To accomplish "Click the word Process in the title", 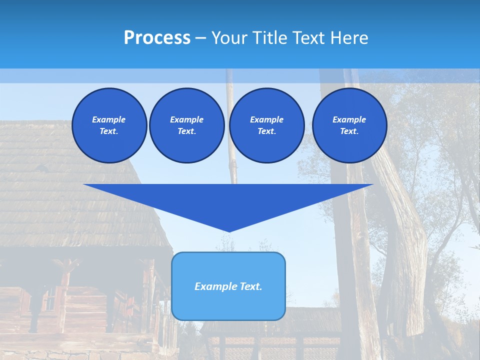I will click(157, 38).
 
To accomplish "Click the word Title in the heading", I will click(269, 38).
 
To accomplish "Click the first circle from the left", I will click(109, 125).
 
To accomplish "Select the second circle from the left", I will click(186, 125).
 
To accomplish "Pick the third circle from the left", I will click(266, 125).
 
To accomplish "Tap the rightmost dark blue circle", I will click(349, 125).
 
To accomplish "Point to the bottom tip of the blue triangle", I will click(228, 231).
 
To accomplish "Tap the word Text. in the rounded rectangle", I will click(250, 286).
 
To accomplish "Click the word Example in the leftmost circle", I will click(109, 119).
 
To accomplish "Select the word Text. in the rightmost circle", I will click(349, 131).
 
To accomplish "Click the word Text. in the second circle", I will click(186, 131).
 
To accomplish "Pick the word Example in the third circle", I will click(266, 119).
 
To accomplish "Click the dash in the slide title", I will click(200, 38).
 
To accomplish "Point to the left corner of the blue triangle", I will click(84, 185).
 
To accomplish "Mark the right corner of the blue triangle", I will click(372, 185).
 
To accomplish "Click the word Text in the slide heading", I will click(309, 38).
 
